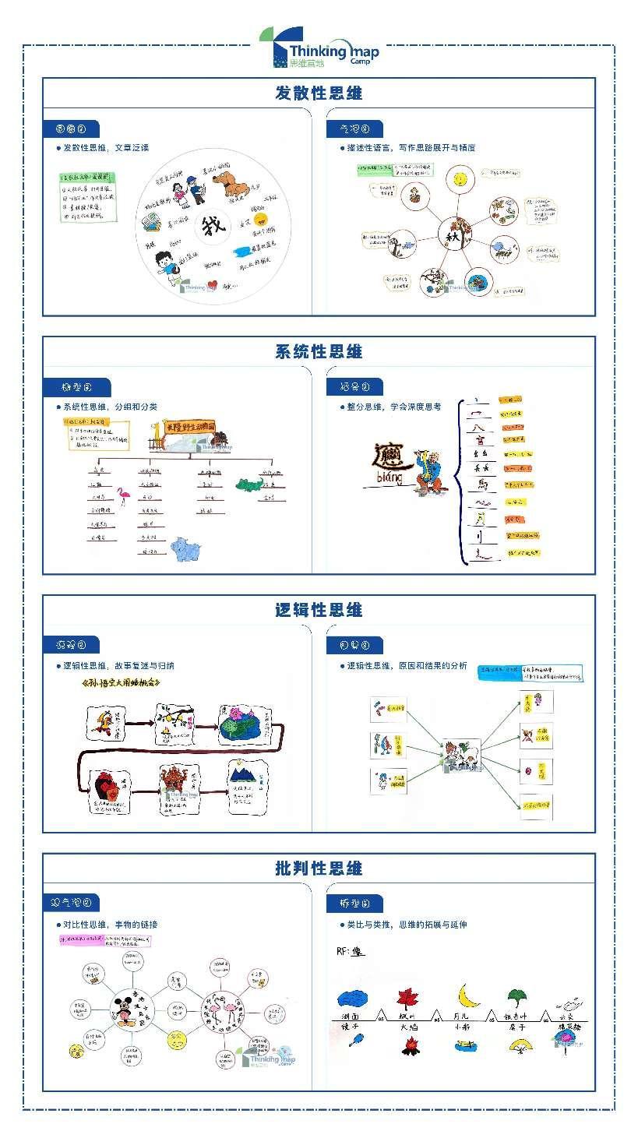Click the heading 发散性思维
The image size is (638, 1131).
pyautogui.click(x=319, y=93)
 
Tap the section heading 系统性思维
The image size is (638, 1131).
pyautogui.click(x=319, y=351)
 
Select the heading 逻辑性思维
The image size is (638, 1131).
pyautogui.click(x=319, y=610)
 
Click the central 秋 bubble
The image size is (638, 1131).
pyautogui.click(x=453, y=231)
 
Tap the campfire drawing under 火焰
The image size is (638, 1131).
pyautogui.click(x=411, y=1046)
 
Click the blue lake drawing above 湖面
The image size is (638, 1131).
pyautogui.click(x=356, y=999)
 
